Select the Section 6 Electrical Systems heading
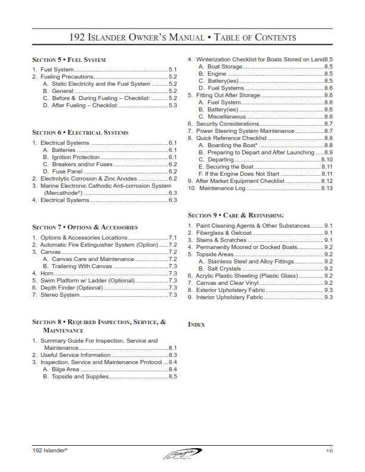[80, 132]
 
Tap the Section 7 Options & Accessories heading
[85, 227]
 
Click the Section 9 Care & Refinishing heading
[236, 215]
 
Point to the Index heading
[196, 324]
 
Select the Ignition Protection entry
[72, 157]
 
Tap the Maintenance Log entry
[221, 188]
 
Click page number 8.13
[326, 188]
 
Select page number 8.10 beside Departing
[326, 160]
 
